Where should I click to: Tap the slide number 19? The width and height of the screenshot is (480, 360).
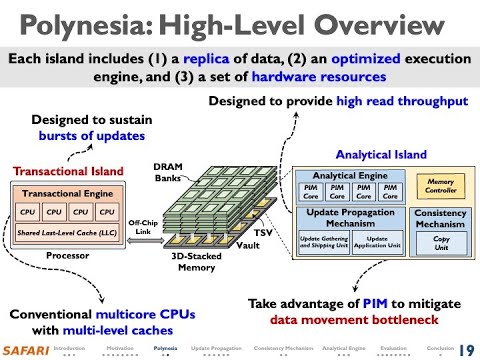465,349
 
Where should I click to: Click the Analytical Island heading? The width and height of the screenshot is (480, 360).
380,155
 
